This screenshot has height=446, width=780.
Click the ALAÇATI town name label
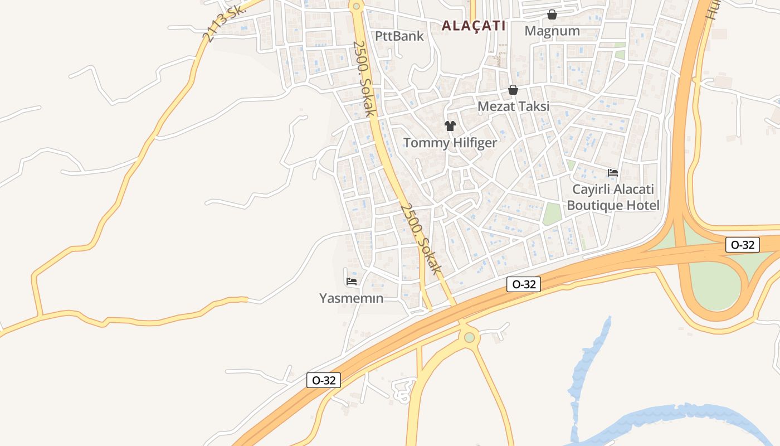pyautogui.click(x=474, y=26)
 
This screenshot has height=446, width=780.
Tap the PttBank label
pyautogui.click(x=399, y=36)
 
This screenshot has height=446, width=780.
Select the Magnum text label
pyautogui.click(x=552, y=31)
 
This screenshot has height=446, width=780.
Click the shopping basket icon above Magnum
pyautogui.click(x=552, y=14)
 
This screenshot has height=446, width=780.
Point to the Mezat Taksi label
pyautogui.click(x=514, y=106)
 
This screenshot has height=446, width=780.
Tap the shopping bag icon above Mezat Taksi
pyautogui.click(x=513, y=90)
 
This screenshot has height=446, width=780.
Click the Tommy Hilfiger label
pyautogui.click(x=450, y=143)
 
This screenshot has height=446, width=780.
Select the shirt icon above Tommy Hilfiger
pyautogui.click(x=450, y=126)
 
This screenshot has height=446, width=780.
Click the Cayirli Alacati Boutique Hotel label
pyautogui.click(x=613, y=197)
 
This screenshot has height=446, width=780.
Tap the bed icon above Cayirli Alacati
pyautogui.click(x=613, y=173)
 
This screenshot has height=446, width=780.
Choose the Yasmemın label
pyautogui.click(x=352, y=298)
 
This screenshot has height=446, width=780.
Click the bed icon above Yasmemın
pyautogui.click(x=352, y=282)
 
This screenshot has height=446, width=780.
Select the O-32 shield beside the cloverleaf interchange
pyautogui.click(x=743, y=245)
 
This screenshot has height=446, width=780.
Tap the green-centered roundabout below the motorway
pyautogui.click(x=470, y=337)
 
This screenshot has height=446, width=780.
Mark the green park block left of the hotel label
pyautogui.click(x=552, y=214)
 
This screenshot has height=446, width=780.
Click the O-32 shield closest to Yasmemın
pyautogui.click(x=324, y=380)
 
